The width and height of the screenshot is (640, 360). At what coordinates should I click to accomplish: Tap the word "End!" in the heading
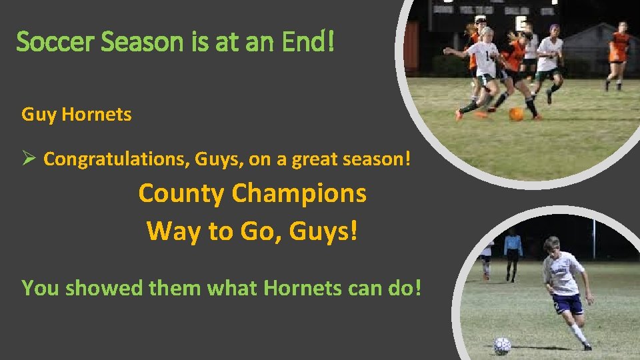(307, 42)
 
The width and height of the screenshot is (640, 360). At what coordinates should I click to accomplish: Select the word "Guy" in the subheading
(39, 115)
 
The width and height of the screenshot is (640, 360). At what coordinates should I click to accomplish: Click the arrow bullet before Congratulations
(29, 159)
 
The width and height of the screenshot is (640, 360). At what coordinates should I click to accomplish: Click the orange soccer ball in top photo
(516, 114)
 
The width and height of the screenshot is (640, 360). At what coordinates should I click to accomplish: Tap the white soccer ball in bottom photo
(502, 345)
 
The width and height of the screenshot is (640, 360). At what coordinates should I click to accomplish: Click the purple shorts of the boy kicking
(567, 304)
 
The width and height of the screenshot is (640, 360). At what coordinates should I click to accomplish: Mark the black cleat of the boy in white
(587, 346)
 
